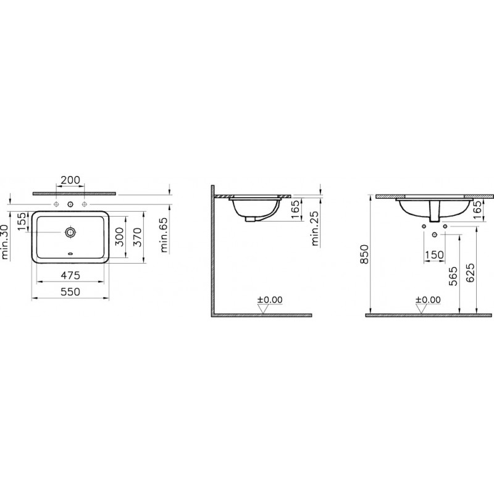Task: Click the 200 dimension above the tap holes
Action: (x=70, y=180)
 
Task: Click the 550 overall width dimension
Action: (x=72, y=293)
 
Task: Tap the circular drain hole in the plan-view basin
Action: (x=70, y=232)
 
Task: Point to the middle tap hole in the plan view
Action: (x=70, y=204)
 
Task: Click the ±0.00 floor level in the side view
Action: (x=270, y=299)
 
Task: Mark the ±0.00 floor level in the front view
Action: (x=428, y=299)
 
